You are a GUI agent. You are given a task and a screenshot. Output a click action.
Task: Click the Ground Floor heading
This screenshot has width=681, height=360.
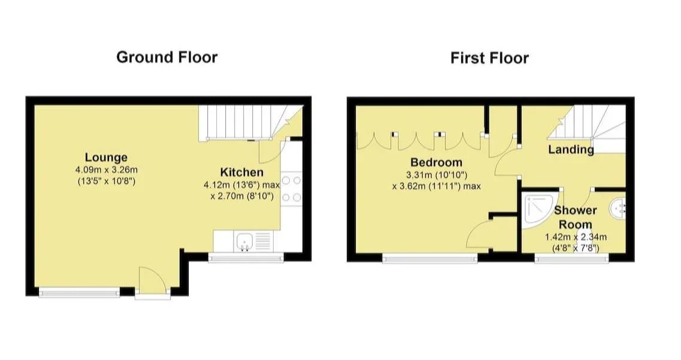(167, 58)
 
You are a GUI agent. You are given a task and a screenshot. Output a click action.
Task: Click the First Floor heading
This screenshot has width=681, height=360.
(489, 58)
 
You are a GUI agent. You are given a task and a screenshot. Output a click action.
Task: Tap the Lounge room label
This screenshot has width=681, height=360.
(106, 157)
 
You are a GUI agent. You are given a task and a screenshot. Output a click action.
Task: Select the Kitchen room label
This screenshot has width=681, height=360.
(241, 172)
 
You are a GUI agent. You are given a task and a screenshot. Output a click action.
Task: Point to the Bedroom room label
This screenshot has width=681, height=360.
(436, 162)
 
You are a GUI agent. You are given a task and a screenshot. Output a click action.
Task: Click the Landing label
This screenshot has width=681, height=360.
(571, 150)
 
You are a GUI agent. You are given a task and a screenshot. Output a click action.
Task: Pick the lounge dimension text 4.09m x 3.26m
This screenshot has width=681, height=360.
(107, 170)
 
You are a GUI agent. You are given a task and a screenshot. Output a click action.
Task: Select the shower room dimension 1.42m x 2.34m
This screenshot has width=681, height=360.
(576, 237)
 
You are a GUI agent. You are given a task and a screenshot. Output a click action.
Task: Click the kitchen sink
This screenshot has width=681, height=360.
(244, 241)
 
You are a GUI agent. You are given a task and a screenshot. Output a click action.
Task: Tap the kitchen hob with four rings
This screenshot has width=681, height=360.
(291, 189)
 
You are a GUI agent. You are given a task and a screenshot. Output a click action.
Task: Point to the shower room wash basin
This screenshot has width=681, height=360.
(619, 207)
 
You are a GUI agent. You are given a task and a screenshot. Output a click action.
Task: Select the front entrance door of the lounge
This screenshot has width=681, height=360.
(153, 281)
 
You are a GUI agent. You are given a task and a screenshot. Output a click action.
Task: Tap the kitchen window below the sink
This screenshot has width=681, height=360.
(246, 258)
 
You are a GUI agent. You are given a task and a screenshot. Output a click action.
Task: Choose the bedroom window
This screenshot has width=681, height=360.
(430, 259)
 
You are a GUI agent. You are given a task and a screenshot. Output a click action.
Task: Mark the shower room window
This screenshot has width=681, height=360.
(571, 259)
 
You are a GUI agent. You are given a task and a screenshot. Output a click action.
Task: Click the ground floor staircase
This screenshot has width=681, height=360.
(250, 123)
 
